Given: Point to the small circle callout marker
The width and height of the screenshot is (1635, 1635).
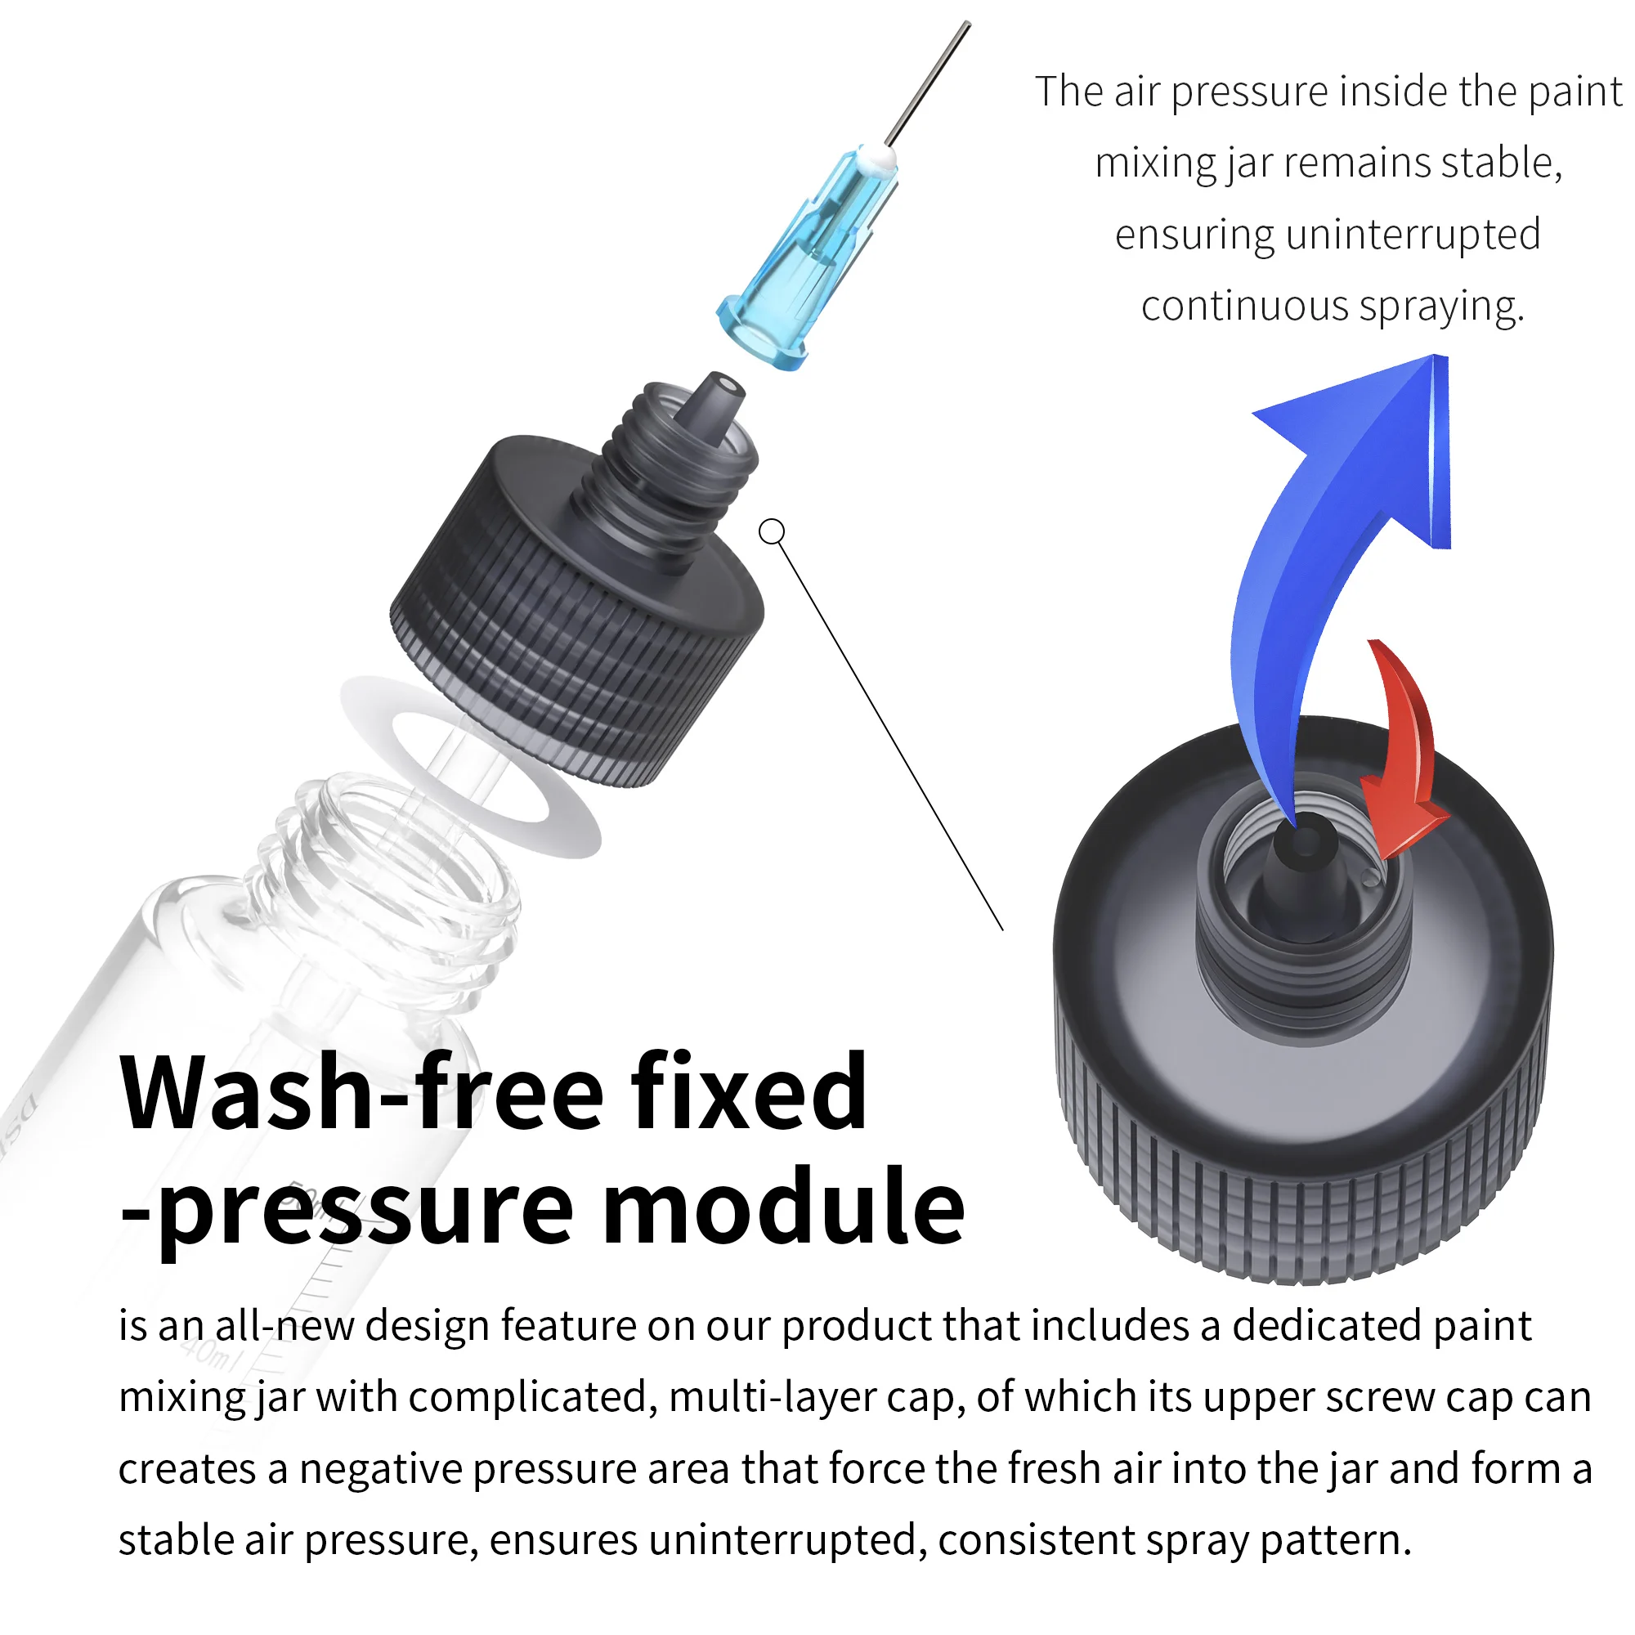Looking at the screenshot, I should pos(772,531).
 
